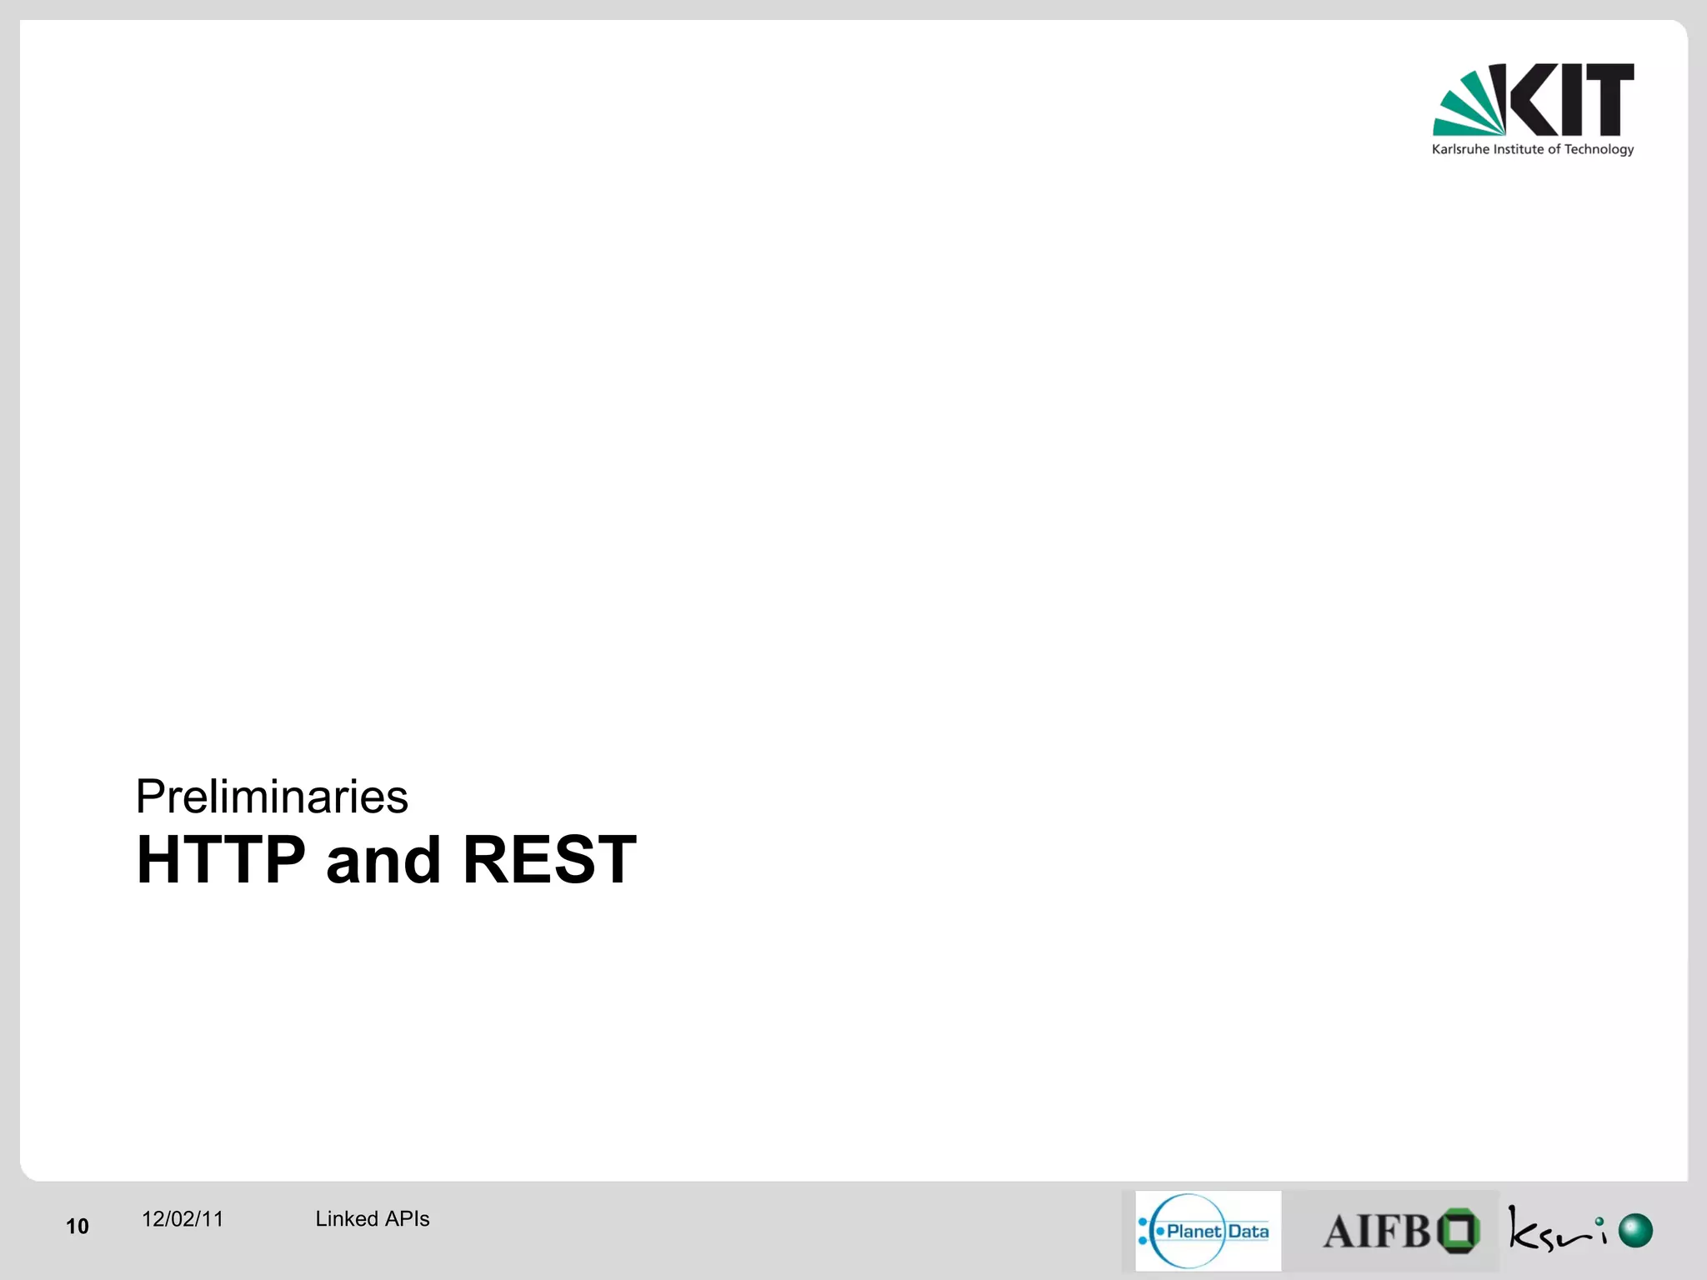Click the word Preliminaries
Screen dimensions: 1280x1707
tap(272, 797)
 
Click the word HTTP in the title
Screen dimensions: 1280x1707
tap(221, 860)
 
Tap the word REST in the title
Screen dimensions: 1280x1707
tap(549, 860)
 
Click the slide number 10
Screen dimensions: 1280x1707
tap(78, 1226)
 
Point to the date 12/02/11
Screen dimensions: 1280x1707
tap(183, 1219)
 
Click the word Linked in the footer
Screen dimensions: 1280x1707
tap(347, 1219)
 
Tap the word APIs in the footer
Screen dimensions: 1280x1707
tap(408, 1219)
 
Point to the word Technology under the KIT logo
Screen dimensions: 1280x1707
tap(1599, 150)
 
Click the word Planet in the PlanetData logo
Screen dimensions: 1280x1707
tap(1194, 1232)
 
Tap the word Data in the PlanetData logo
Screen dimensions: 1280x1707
tap(1248, 1232)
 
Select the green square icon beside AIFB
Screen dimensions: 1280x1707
tap(1460, 1231)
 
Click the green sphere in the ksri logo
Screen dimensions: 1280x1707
tap(1635, 1231)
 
